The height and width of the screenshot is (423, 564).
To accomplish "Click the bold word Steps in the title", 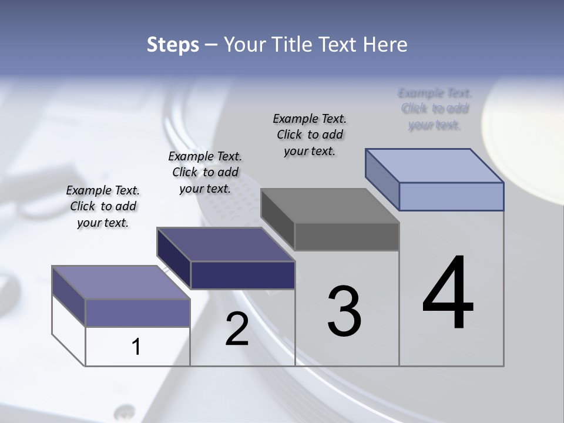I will [173, 45].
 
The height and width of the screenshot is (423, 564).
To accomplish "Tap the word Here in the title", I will [384, 45].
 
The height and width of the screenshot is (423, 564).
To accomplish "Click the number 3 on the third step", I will [344, 311].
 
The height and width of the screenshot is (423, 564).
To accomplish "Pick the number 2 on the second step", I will [237, 329].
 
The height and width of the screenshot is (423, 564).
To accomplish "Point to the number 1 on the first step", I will [136, 347].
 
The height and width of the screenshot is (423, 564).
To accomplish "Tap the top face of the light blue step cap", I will [435, 166].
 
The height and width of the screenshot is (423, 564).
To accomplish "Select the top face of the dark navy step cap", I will [226, 244].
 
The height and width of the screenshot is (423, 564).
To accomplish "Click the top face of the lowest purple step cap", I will [121, 283].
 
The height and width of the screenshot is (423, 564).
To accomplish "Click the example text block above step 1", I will [103, 207].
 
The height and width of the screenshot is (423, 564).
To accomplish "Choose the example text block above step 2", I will [205, 172].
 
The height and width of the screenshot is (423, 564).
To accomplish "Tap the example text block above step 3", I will [310, 135].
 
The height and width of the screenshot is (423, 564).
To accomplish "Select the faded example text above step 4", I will [435, 109].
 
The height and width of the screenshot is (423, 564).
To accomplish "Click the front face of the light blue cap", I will [451, 196].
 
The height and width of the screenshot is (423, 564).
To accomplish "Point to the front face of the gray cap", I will [347, 236].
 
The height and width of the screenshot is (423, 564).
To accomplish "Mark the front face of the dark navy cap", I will [243, 275].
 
